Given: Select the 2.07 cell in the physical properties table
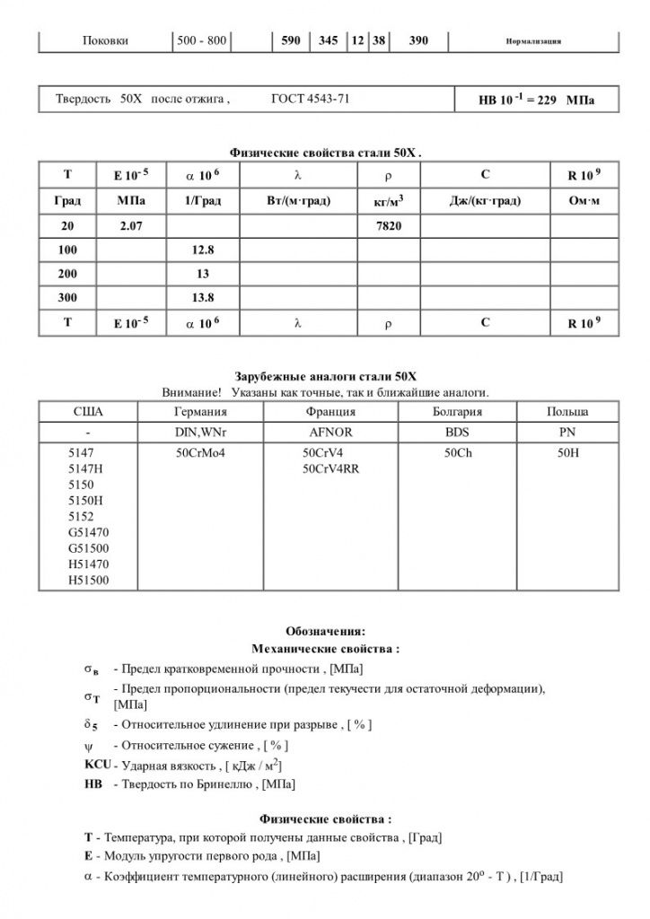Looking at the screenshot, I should pos(131,226).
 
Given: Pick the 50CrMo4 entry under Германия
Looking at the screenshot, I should pos(200,453).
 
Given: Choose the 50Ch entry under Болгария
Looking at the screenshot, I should pos(458,453).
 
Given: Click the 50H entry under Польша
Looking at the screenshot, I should pos(568,453).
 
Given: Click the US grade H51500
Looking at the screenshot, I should pos(89,581).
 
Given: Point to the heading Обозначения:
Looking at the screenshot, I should pos(325,631).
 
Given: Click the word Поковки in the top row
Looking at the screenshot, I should pos(105,41).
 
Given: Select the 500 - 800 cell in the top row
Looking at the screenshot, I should pos(202,41).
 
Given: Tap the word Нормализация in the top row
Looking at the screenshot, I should pos(534,42).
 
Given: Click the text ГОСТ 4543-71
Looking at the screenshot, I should pos(310,99).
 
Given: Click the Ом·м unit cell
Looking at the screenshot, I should pos(584,202).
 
